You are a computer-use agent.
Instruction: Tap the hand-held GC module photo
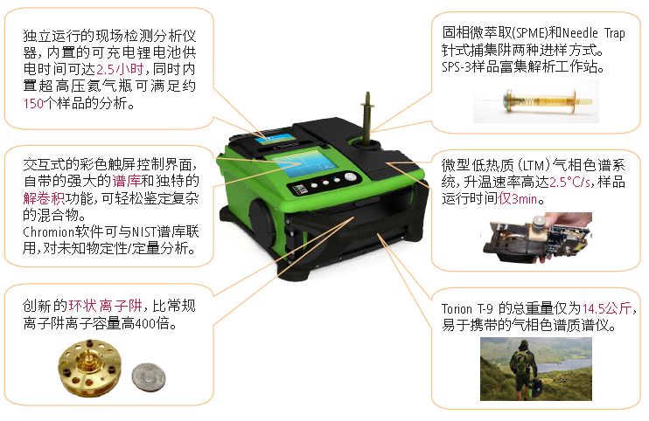534,238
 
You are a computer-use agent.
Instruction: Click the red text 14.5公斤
611,309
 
